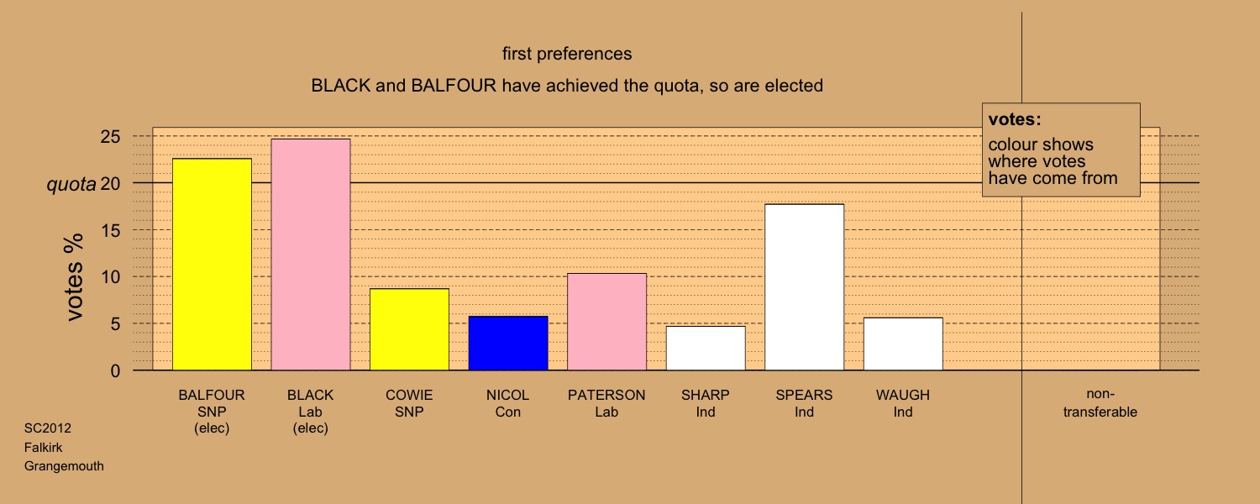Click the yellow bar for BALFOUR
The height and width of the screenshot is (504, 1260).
click(x=212, y=265)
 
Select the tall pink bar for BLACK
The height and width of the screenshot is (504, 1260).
click(x=311, y=255)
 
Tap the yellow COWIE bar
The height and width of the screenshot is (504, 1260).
click(x=410, y=329)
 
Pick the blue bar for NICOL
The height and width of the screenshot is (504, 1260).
click(x=508, y=343)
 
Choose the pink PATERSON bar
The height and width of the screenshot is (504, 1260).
click(x=607, y=322)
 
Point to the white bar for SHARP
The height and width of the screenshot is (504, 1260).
click(x=706, y=349)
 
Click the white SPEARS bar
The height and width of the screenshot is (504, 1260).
click(x=805, y=287)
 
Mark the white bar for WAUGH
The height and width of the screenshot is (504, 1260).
click(x=903, y=344)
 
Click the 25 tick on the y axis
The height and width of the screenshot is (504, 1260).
click(x=110, y=137)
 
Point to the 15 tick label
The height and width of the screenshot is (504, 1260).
click(x=110, y=230)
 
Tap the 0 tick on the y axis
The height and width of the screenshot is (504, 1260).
click(x=115, y=370)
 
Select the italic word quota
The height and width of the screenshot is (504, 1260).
click(x=71, y=185)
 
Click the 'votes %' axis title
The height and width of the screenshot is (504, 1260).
click(x=74, y=277)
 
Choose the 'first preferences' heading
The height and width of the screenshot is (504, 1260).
click(x=567, y=54)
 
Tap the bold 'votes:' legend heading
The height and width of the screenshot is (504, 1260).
click(x=1015, y=119)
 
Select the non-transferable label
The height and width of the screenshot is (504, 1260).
click(x=1100, y=402)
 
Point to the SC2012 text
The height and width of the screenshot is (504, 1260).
click(x=48, y=428)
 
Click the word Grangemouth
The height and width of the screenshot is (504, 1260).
click(x=64, y=466)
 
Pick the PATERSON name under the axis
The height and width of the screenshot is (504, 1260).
click(x=606, y=395)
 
